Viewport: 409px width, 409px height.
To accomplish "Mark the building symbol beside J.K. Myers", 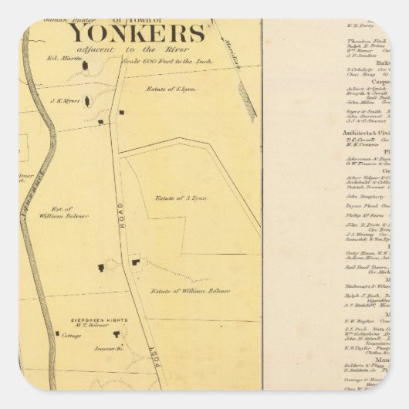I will [86, 100].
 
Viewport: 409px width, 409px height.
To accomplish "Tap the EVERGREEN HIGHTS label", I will [91, 318].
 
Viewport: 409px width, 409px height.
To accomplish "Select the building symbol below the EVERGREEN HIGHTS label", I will [118, 334].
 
